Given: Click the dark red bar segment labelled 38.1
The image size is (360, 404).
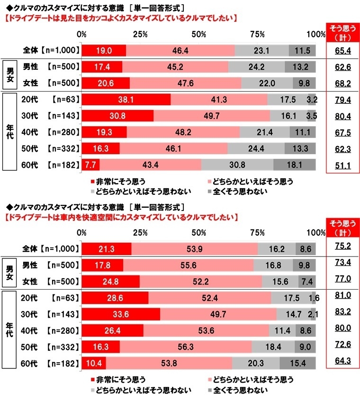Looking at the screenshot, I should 126,100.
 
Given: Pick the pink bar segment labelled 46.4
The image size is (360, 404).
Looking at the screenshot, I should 180,50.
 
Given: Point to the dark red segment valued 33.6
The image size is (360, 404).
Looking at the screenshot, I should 121,314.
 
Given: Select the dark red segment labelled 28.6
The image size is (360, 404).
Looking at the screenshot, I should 115,298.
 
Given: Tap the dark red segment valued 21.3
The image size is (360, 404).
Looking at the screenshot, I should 107,248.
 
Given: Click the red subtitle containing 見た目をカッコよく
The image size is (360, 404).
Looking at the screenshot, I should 120,19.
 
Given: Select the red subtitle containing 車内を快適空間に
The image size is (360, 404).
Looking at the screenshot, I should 120,217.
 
